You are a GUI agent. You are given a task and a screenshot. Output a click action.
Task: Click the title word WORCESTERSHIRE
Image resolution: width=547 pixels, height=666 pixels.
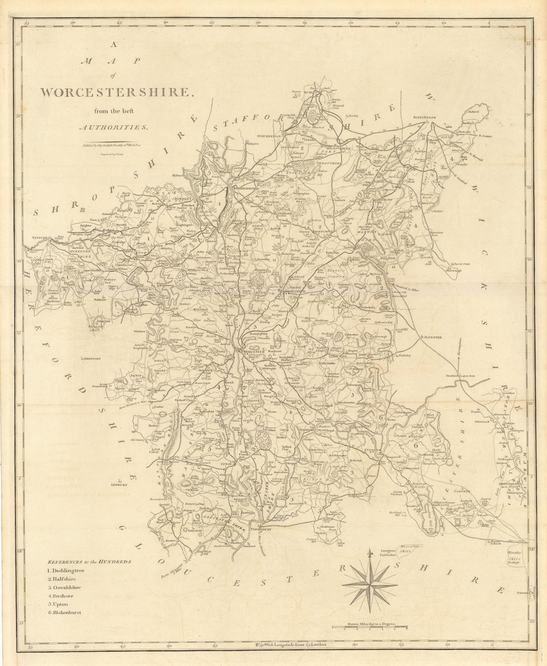tap(117, 92)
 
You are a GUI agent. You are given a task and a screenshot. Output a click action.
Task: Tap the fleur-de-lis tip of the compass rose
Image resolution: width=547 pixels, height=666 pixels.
tap(370, 553)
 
